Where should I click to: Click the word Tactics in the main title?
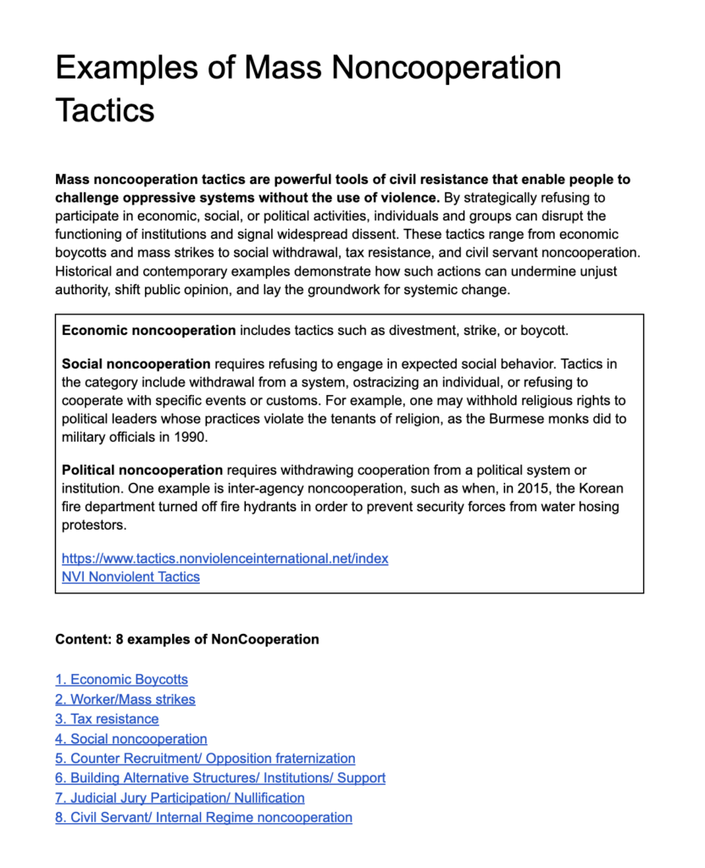click(x=105, y=109)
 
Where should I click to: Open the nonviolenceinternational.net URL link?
click(x=225, y=559)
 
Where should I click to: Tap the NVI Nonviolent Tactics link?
click(x=130, y=577)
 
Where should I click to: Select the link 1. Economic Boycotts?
click(x=121, y=679)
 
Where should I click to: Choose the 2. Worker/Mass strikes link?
click(x=125, y=699)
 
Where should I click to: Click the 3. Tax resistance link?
click(x=107, y=719)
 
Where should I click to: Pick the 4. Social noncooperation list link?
click(x=131, y=739)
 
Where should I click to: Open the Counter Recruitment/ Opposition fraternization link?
click(x=205, y=759)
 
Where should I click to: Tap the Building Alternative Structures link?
click(x=220, y=778)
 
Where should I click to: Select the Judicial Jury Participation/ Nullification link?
click(x=180, y=798)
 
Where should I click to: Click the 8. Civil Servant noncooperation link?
click(x=203, y=818)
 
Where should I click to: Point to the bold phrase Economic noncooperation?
click(x=149, y=330)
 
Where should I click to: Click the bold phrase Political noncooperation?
click(x=142, y=470)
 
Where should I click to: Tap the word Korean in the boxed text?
click(x=599, y=488)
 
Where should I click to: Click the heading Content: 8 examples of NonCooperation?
click(x=187, y=639)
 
